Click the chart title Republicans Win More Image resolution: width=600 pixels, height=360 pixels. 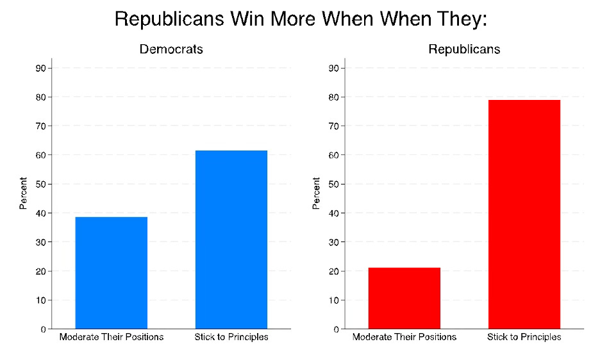point(301,19)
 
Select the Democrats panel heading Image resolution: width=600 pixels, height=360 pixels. point(171,49)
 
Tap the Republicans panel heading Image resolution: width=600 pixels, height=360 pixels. point(464,49)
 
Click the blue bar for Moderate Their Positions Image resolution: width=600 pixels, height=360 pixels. point(112,273)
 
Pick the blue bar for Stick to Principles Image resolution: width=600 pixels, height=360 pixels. point(231,240)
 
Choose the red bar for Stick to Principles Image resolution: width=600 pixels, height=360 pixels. point(524,214)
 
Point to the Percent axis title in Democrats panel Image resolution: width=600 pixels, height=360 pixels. point(23,194)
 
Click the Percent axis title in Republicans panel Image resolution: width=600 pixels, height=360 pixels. point(316,194)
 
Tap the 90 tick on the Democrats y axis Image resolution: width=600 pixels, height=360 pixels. point(41,69)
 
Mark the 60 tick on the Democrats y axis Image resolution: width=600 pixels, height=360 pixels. point(41,155)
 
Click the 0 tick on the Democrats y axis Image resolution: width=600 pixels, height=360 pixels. point(43,329)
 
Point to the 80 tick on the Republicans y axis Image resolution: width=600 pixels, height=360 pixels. point(334,97)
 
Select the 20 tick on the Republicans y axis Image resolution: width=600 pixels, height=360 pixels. point(334,271)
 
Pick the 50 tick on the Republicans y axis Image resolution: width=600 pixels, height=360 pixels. point(334,184)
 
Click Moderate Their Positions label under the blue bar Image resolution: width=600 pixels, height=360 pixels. point(112,338)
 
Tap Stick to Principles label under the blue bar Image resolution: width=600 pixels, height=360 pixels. point(231,338)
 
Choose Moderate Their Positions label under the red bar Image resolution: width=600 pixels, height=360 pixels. point(404,338)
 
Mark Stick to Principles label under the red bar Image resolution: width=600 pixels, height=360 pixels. point(524,338)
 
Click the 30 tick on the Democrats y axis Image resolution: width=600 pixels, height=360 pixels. point(41,242)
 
